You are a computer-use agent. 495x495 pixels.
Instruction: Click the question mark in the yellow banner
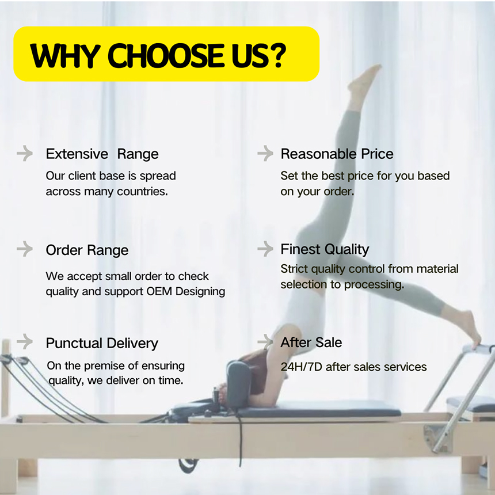[279, 56]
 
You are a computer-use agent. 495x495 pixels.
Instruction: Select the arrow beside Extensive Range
[25, 154]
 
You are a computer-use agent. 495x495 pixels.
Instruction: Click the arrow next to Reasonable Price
[265, 154]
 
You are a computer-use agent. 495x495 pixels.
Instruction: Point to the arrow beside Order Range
[25, 249]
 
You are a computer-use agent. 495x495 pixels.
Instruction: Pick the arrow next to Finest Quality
[265, 249]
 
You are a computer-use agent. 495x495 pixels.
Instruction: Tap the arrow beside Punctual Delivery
[25, 341]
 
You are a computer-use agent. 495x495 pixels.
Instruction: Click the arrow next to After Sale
[265, 341]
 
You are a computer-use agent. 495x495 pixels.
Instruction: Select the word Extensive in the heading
[77, 154]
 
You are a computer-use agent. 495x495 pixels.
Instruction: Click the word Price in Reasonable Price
[377, 154]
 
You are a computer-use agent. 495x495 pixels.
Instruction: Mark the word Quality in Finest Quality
[346, 250]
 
